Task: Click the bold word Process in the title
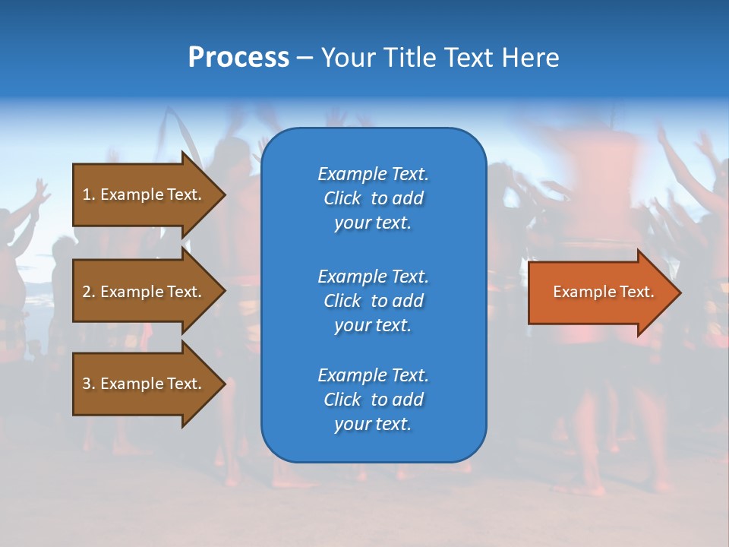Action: [238, 58]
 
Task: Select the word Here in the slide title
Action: [531, 58]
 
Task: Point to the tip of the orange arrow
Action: [677, 292]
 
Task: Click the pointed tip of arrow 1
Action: [222, 194]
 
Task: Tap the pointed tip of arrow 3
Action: [222, 384]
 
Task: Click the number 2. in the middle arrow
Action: [89, 292]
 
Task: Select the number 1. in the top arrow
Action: [89, 194]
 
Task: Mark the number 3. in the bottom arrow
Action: [89, 384]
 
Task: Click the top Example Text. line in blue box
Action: [373, 174]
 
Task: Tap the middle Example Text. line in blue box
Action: [373, 276]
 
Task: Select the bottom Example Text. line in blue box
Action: [373, 375]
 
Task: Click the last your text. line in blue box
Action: [373, 425]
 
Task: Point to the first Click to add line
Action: [373, 198]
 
